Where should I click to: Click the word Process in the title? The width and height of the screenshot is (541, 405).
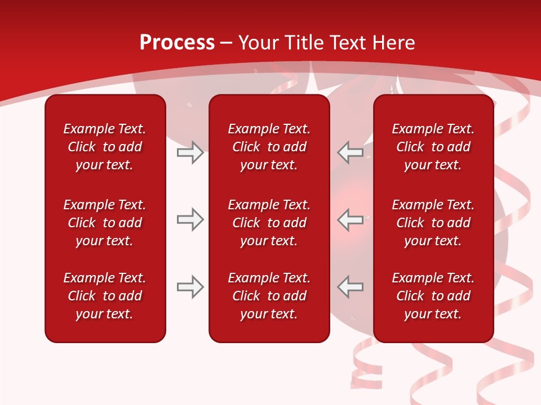tap(177, 43)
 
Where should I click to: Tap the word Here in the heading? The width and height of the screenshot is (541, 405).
tap(394, 43)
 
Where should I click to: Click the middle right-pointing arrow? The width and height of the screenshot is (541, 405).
tap(190, 219)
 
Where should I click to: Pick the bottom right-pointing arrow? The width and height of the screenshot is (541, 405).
tap(190, 287)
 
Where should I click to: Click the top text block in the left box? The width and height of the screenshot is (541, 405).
tap(105, 147)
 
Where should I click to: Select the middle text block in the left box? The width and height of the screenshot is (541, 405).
tap(105, 223)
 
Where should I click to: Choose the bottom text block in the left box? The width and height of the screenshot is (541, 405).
tap(105, 296)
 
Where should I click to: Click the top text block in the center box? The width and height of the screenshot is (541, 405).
tap(269, 147)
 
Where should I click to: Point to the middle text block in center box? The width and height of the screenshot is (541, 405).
tap(269, 223)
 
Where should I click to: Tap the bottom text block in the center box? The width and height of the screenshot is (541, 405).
tap(269, 296)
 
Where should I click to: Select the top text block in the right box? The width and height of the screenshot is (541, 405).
tap(433, 147)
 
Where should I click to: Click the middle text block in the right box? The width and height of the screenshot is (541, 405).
tap(433, 223)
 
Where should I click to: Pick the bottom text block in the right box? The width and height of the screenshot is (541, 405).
tap(433, 296)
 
